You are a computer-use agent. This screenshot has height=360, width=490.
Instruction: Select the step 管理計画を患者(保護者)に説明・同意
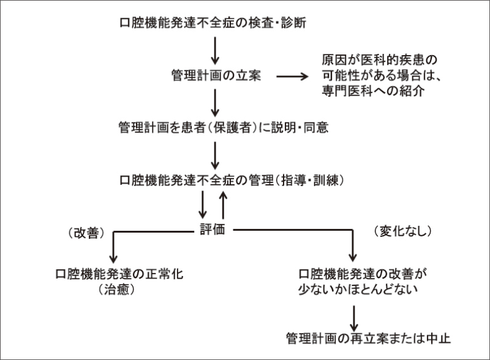point(216,128)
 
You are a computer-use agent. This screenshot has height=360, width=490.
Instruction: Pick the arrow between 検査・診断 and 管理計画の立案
point(215,51)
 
